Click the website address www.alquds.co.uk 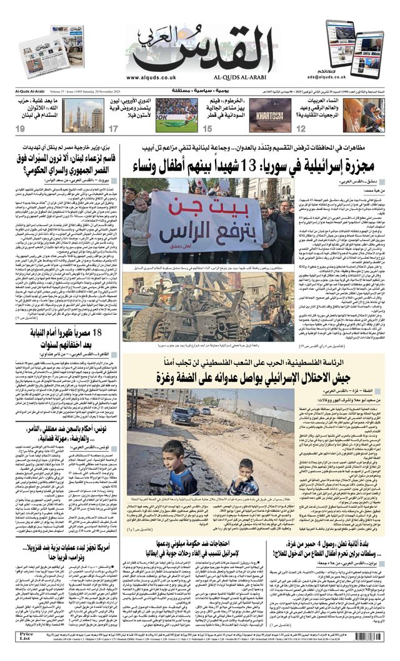[x=151, y=77]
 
